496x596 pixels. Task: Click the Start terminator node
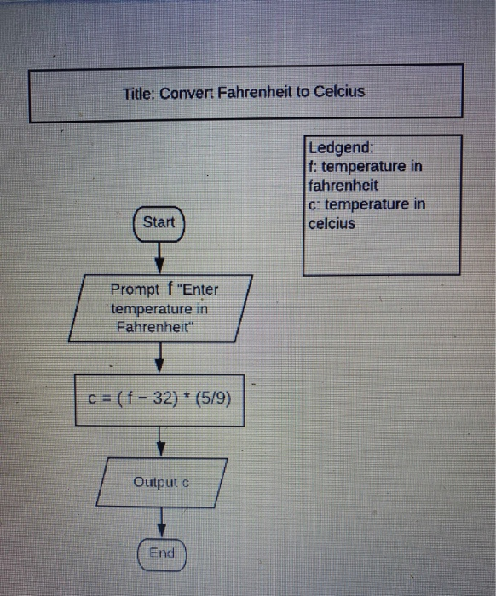[x=159, y=223]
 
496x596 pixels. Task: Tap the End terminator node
[x=161, y=553]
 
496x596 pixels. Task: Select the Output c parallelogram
[x=161, y=482]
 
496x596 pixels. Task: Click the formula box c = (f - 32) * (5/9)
[x=159, y=398]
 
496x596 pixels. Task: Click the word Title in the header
[x=138, y=92]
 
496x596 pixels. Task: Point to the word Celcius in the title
[x=338, y=91]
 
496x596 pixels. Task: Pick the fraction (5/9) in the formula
[x=212, y=398]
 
